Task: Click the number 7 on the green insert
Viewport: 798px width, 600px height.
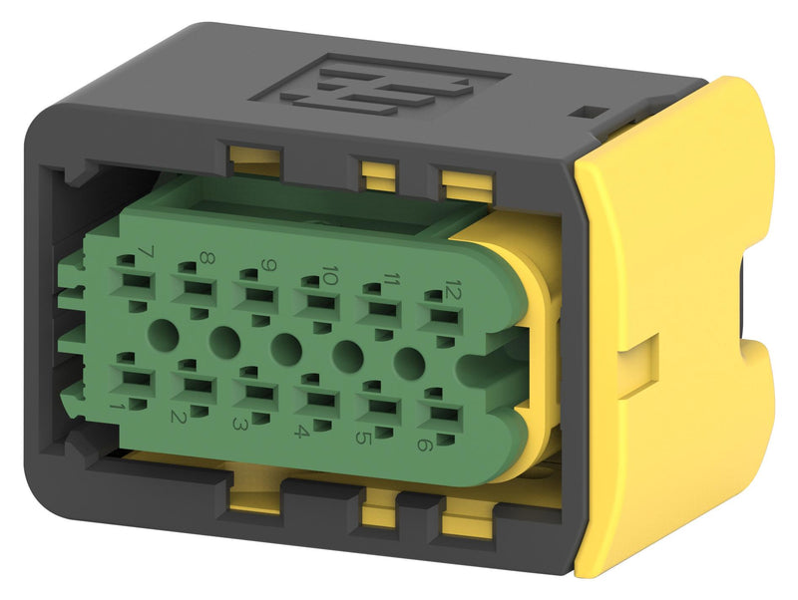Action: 146,252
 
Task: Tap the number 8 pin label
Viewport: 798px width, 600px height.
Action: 205,259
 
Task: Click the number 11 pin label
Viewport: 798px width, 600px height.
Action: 391,280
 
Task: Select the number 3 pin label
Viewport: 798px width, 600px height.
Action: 240,424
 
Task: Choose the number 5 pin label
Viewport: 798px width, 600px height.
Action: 363,439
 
